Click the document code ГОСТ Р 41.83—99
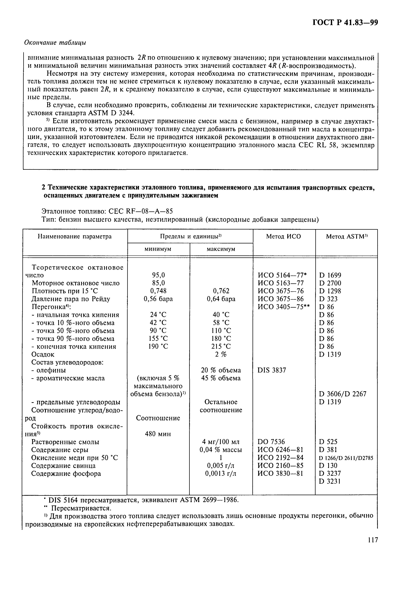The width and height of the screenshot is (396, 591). click(345, 23)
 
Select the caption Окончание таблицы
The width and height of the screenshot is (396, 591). click(55, 42)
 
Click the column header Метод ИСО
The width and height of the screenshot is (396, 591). click(283, 237)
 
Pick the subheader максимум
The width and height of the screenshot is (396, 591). click(221, 249)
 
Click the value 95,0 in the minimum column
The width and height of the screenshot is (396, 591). click(158, 275)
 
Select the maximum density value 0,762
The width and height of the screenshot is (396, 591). click(221, 291)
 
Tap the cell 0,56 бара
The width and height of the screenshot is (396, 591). click(158, 299)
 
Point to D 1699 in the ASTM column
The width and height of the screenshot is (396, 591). click(330, 275)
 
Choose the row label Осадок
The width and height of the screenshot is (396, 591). click(43, 354)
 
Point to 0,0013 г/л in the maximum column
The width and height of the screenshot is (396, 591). click(221, 474)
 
